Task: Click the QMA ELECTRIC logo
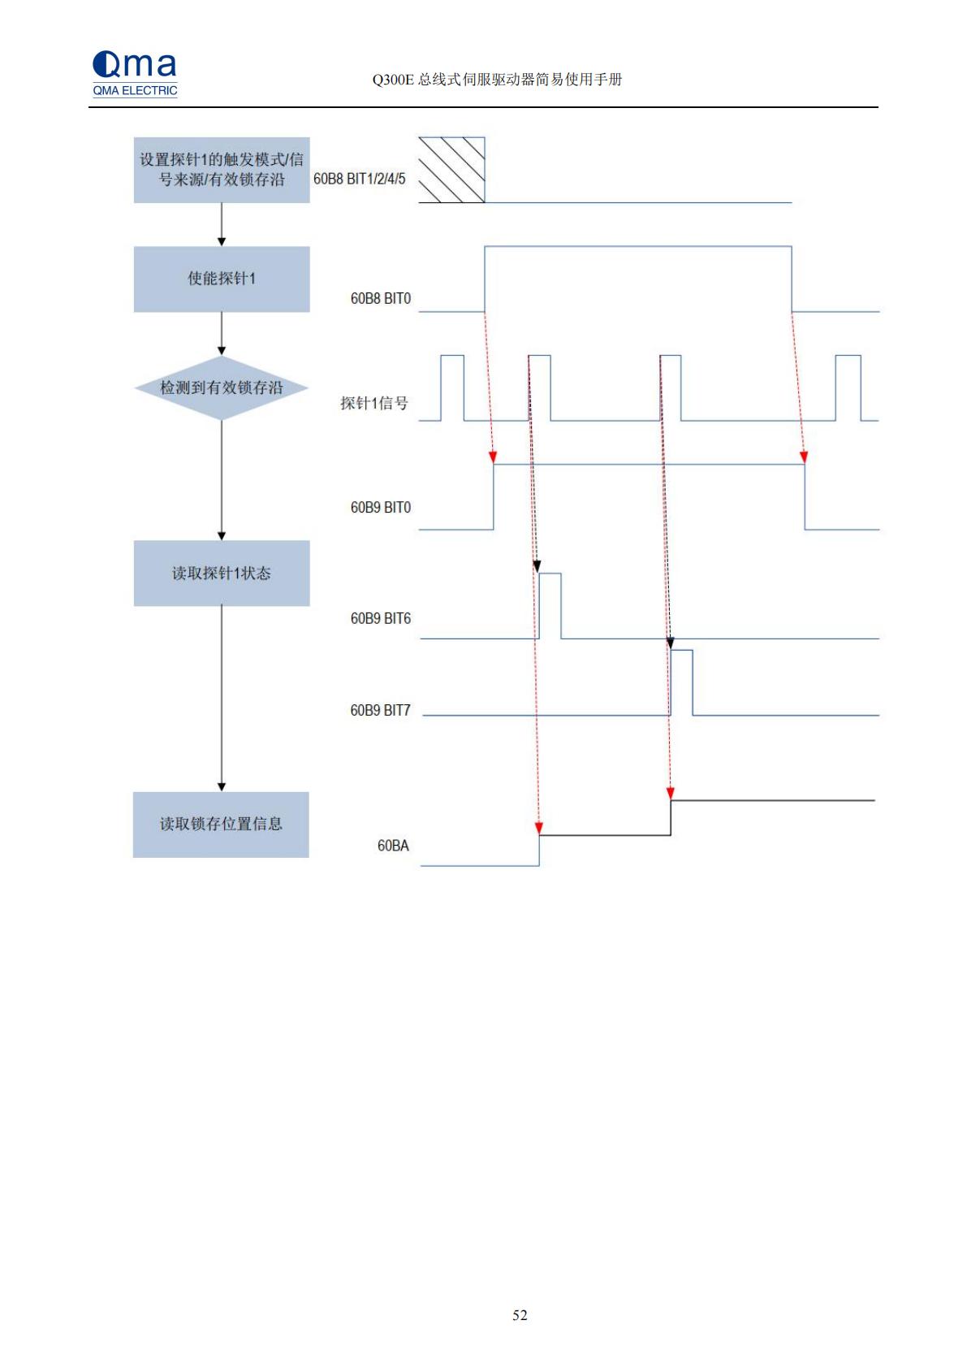tap(135, 73)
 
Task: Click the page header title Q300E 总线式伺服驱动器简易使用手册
tap(497, 80)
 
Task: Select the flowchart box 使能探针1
tap(222, 279)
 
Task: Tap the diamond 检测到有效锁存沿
tap(222, 387)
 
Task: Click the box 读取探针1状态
tap(222, 573)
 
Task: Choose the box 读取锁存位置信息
tap(221, 825)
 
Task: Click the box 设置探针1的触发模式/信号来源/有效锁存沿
tap(222, 170)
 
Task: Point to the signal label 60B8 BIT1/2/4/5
tap(359, 179)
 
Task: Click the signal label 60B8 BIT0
tap(380, 299)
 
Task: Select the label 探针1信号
tap(374, 403)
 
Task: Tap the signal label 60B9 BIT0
tap(380, 508)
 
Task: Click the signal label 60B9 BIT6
tap(380, 619)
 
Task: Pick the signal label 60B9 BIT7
tap(380, 710)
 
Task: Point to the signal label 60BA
tap(393, 846)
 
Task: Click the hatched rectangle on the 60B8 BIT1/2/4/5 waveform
tap(451, 170)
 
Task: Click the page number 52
tap(520, 1315)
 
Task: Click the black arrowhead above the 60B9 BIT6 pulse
tap(537, 567)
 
